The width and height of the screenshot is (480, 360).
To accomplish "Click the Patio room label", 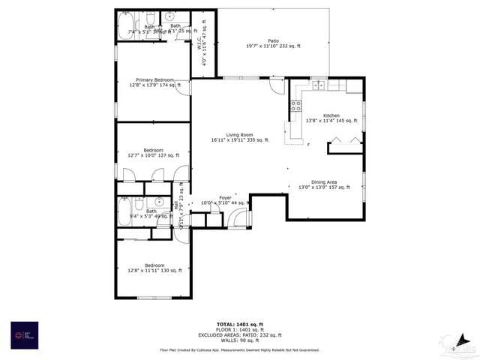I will [273, 40].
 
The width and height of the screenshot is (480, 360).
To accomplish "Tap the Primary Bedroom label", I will [154, 79].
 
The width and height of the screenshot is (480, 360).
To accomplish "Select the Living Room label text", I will [237, 134].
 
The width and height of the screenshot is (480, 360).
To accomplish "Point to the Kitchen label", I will [331, 115].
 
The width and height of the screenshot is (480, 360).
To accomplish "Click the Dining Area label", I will [323, 181].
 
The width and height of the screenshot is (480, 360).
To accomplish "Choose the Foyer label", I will [224, 198].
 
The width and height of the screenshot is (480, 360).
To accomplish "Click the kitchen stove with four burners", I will [296, 106].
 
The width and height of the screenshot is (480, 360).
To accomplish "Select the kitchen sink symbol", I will [318, 84].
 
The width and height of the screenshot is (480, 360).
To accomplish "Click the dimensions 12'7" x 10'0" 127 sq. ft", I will [153, 155].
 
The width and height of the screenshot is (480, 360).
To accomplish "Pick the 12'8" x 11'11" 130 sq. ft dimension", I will [154, 270].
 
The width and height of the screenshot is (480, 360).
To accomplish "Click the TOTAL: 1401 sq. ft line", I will [239, 324].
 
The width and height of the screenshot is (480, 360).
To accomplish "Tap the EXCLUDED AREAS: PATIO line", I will [239, 334].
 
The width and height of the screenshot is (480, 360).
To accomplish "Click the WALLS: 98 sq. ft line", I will [239, 340].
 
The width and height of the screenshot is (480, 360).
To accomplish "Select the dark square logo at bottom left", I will [24, 335].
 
